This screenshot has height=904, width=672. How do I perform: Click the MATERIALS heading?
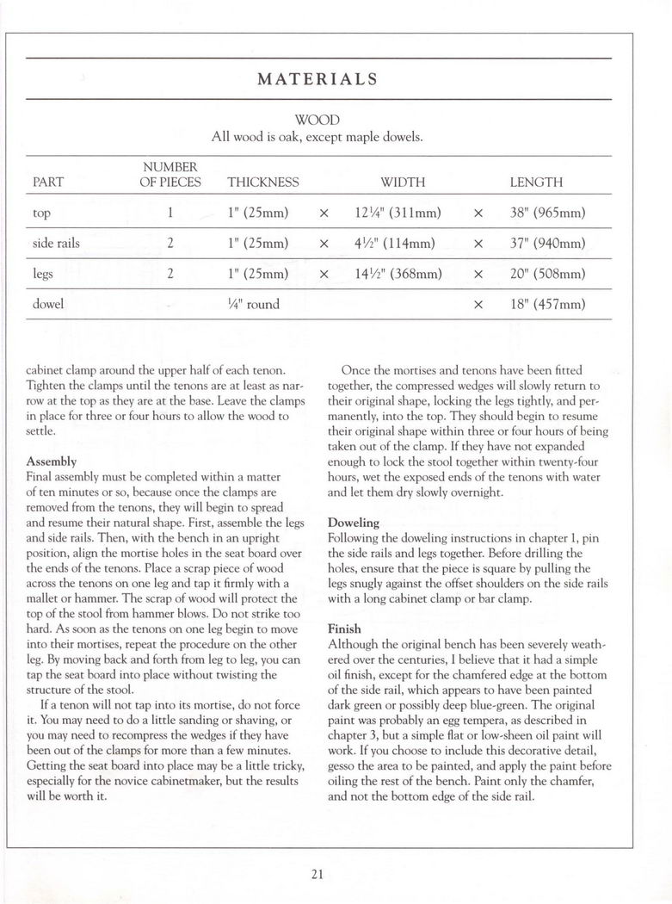[x=318, y=79]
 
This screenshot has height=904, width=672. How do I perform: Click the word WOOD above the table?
[x=318, y=119]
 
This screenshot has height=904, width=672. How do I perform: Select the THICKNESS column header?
[x=262, y=183]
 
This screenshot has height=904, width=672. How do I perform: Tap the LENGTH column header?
[x=536, y=183]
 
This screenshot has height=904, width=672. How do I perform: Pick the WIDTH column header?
[x=403, y=183]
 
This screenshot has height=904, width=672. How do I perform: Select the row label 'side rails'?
[x=56, y=243]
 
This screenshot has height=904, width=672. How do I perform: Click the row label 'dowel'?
[x=48, y=304]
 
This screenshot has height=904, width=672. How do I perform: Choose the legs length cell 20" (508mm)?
[x=547, y=274]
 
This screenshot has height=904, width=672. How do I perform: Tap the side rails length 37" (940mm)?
[x=547, y=243]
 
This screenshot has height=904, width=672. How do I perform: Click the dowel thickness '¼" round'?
[x=253, y=304]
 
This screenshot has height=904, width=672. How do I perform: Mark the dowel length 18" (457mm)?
[x=547, y=304]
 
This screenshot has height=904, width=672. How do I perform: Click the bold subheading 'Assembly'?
[x=52, y=461]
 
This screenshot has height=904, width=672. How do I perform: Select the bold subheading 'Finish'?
[x=344, y=628]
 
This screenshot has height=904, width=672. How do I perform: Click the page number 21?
[x=318, y=875]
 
